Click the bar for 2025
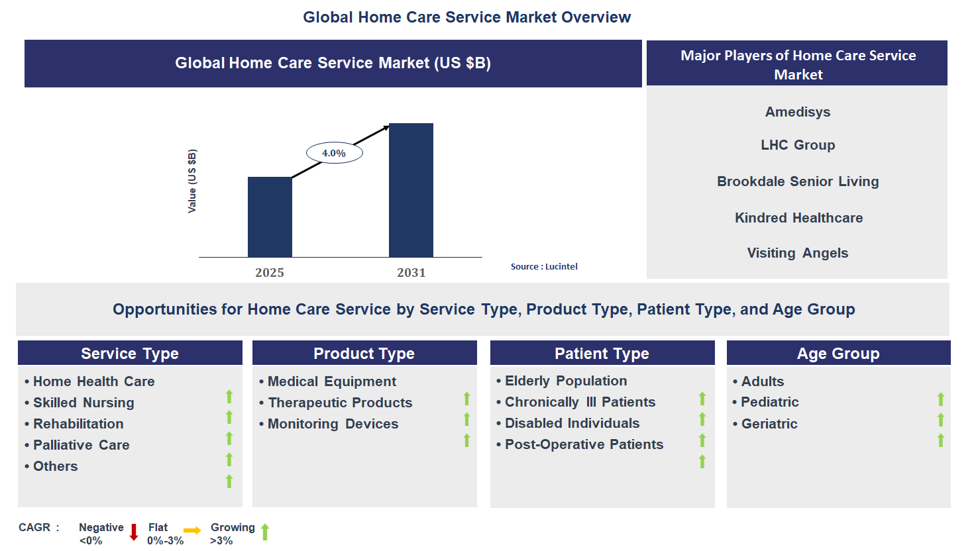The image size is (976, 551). [270, 217]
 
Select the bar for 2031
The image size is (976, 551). [411, 190]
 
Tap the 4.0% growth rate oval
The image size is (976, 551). [334, 153]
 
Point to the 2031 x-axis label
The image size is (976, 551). [411, 273]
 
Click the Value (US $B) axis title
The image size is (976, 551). [191, 181]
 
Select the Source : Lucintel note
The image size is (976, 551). [544, 267]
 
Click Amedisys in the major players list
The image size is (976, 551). [797, 112]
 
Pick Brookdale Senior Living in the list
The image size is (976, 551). [798, 181]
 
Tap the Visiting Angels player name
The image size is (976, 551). [797, 253]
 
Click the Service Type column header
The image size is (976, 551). [130, 353]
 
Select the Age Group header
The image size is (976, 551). [838, 353]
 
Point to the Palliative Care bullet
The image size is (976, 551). [77, 445]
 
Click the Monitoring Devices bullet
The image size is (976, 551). [329, 424]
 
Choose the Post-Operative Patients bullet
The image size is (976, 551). [580, 444]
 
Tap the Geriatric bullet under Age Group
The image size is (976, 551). [765, 424]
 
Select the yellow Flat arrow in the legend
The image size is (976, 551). [192, 530]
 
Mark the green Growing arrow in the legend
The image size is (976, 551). [265, 532]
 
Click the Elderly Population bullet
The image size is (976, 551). [562, 381]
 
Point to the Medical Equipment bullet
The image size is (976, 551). [328, 381]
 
